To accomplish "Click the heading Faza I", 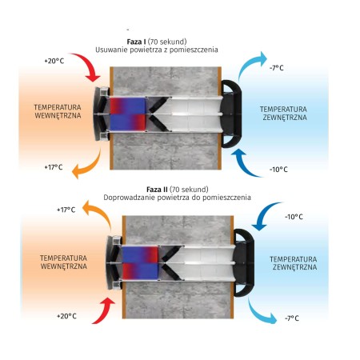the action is pyautogui.click(x=136, y=42).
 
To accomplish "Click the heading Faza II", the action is pyautogui.click(x=157, y=190).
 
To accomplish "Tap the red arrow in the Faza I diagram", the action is pyautogui.click(x=88, y=65).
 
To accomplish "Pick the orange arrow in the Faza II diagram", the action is pyautogui.click(x=99, y=212).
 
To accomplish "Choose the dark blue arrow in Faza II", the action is pyautogui.click(x=264, y=214).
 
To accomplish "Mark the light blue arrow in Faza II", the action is pyautogui.click(x=258, y=314).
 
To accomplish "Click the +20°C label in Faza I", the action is pyautogui.click(x=54, y=61).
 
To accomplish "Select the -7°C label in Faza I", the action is pyautogui.click(x=277, y=68).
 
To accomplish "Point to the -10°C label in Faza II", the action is pyautogui.click(x=294, y=217).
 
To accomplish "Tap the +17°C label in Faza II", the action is pyautogui.click(x=66, y=210).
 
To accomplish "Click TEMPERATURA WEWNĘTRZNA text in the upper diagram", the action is pyautogui.click(x=58, y=111).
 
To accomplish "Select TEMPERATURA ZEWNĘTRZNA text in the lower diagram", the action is pyautogui.click(x=294, y=263).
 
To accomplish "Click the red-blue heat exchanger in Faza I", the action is pyautogui.click(x=128, y=114).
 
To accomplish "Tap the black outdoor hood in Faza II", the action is pyautogui.click(x=244, y=263).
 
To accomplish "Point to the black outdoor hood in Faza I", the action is pyautogui.click(x=231, y=114).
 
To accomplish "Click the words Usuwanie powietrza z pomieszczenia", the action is pyautogui.click(x=157, y=50).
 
